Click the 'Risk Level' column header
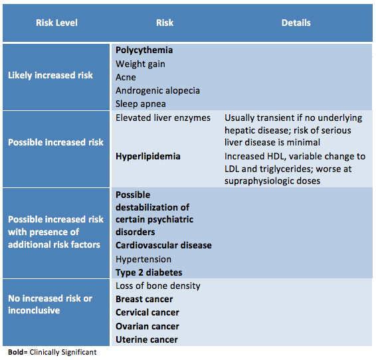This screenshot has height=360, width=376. (56, 23)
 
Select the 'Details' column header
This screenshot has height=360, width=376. (296, 23)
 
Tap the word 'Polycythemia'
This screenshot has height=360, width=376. (144, 50)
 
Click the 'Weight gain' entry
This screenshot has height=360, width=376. (140, 64)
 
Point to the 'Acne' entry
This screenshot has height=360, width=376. (126, 78)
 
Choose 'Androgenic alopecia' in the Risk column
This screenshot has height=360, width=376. (157, 91)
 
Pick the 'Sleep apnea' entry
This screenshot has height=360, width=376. (141, 104)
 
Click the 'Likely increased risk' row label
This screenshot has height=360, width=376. (50, 75)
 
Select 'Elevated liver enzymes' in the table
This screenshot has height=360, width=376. (163, 118)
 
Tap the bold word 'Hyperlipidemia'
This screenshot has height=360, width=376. (148, 157)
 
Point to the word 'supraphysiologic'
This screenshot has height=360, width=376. (259, 181)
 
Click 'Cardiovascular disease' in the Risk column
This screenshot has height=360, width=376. (163, 246)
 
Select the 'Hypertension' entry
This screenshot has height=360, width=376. (143, 259)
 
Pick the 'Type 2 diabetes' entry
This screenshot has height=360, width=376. (149, 273)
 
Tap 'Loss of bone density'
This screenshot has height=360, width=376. (158, 286)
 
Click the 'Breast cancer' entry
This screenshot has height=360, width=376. (144, 300)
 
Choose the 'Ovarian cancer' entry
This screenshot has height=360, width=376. (147, 326)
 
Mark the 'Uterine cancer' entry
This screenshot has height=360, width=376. (147, 340)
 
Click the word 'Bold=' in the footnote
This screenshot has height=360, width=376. (18, 352)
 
